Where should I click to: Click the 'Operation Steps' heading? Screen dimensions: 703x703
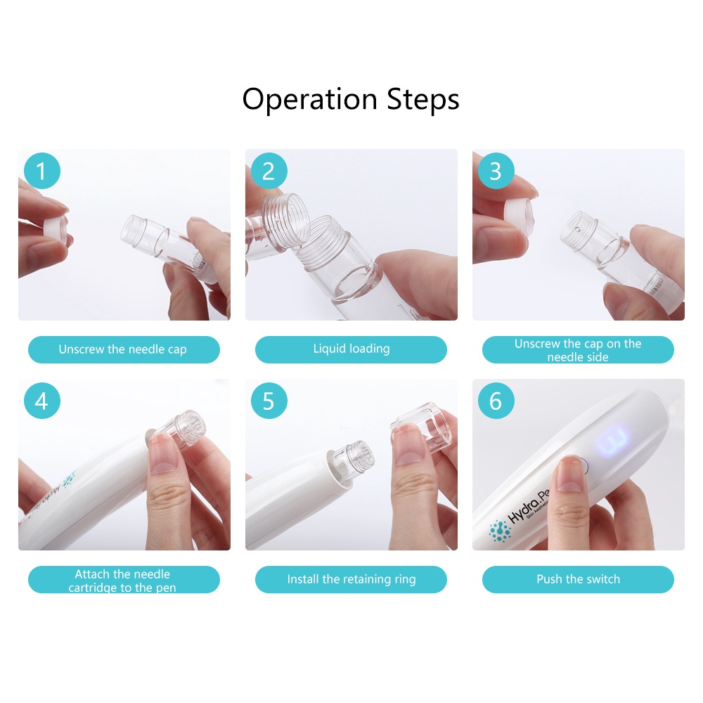click(x=351, y=100)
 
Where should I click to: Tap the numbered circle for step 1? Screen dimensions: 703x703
click(x=42, y=171)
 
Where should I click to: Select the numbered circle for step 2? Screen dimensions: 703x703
click(x=269, y=171)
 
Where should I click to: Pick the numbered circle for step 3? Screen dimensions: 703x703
click(x=496, y=171)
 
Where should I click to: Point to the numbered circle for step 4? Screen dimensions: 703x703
click(x=42, y=401)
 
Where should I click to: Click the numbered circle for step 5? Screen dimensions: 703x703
click(x=269, y=401)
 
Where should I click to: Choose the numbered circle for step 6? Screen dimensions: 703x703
click(x=496, y=401)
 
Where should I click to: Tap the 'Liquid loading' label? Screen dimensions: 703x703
click(x=351, y=349)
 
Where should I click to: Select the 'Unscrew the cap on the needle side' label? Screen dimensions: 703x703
click(x=578, y=349)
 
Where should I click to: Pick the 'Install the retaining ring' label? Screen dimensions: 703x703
click(x=351, y=579)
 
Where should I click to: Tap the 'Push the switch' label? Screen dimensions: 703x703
click(x=578, y=579)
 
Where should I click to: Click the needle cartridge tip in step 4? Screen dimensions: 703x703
click(x=189, y=427)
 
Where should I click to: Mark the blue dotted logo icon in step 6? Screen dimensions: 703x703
click(x=500, y=531)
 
